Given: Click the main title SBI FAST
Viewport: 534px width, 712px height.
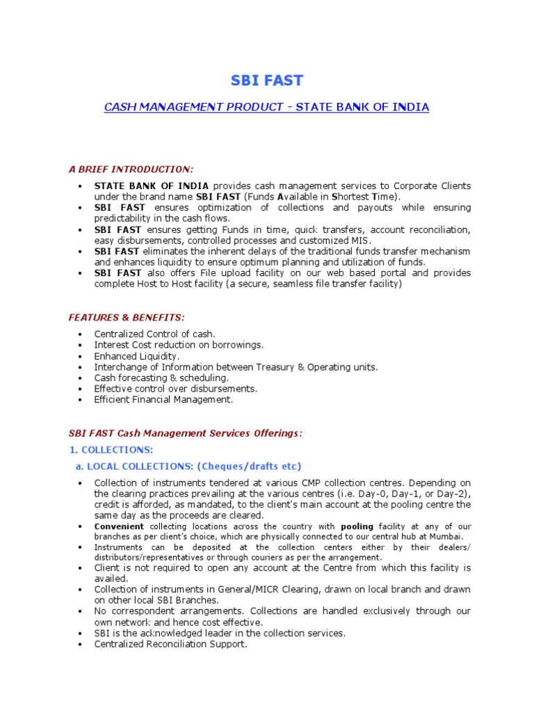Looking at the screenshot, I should pyautogui.click(x=267, y=81).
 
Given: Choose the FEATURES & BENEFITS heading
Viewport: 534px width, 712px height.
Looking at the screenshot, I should pyautogui.click(x=126, y=317).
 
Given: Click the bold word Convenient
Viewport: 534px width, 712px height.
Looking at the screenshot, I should pyautogui.click(x=120, y=526).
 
